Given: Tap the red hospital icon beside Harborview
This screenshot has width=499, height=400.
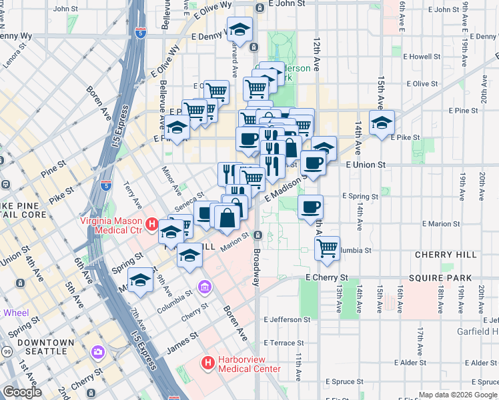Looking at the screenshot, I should click(207, 363).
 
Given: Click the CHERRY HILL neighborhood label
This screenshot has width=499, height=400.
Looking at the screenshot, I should click(445, 255).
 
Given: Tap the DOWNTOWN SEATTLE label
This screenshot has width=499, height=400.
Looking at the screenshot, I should click(46, 347).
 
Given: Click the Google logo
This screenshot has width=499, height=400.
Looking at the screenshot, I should click(22, 392).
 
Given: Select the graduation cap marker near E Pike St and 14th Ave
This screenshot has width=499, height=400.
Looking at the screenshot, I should click(382, 123).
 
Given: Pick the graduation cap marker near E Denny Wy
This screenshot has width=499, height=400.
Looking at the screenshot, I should click(239, 29).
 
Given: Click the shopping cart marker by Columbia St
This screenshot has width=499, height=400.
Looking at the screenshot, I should click(327, 248).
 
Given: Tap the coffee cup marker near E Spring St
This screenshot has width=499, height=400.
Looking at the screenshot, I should click(310, 207).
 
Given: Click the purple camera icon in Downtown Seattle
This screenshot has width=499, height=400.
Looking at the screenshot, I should click(99, 351).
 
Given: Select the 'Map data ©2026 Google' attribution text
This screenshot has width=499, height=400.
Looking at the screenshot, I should click(457, 395).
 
